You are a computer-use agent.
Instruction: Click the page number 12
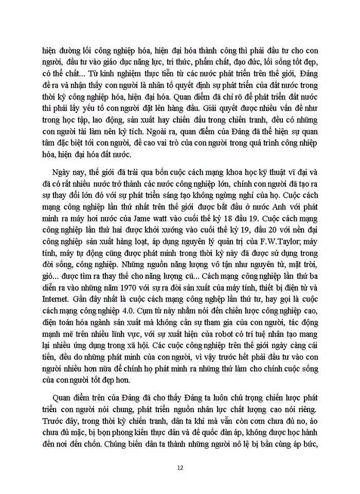(180, 468)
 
